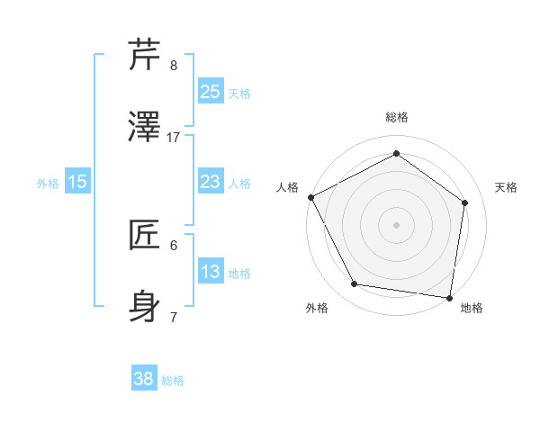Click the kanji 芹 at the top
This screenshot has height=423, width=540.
click(146, 56)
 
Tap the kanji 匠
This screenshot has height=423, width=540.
click(146, 235)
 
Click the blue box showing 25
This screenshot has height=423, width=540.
click(210, 92)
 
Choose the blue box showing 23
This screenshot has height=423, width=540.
click(210, 183)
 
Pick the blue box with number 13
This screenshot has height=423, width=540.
click(210, 273)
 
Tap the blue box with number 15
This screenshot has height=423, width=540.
click(77, 183)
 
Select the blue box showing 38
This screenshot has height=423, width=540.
click(144, 380)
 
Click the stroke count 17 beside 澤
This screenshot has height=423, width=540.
click(174, 137)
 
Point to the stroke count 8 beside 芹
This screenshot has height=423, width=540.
click(174, 65)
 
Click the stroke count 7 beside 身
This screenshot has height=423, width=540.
click(174, 317)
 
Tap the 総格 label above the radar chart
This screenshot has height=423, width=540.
click(396, 117)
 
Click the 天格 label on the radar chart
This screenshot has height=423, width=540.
click(507, 187)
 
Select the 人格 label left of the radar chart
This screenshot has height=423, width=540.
click(287, 187)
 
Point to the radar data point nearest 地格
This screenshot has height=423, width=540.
click(450, 297)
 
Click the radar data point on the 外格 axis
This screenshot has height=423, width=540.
click(355, 284)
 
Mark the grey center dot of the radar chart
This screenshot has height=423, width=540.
click(396, 224)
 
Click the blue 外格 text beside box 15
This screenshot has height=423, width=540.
click(48, 184)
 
